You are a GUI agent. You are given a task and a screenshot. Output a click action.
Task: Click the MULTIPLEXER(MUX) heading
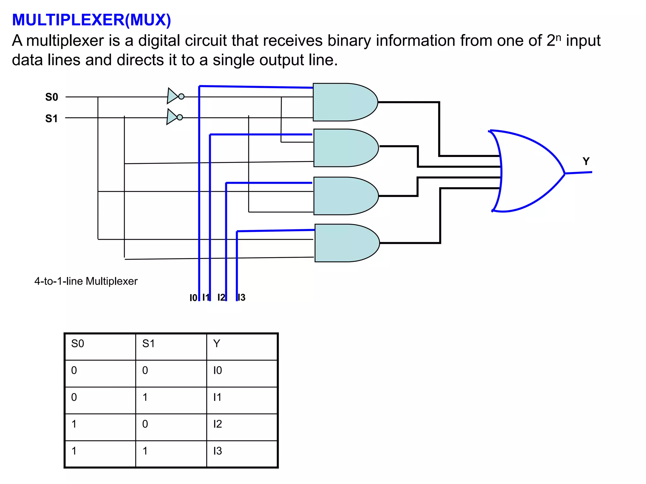(91, 20)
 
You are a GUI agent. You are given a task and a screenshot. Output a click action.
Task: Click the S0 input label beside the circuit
(52, 97)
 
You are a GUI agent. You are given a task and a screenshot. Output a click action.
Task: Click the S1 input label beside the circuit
(51, 118)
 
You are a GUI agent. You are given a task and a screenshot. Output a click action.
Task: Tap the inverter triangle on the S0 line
(173, 96)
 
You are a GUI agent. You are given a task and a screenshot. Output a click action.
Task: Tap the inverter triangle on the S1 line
(172, 117)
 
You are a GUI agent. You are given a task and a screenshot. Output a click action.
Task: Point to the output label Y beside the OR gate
(586, 161)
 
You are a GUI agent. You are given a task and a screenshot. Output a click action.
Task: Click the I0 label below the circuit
(193, 298)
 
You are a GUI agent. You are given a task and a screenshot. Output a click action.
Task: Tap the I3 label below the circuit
(242, 297)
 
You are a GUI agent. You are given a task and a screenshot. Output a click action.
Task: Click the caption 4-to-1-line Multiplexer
(86, 281)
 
